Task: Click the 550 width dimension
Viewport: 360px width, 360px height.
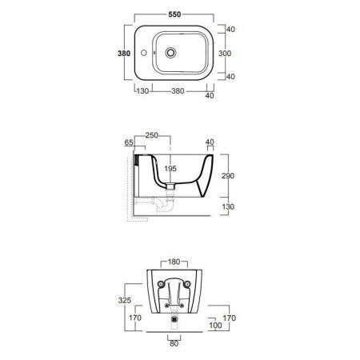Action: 174,14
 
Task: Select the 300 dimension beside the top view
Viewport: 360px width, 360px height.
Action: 225,54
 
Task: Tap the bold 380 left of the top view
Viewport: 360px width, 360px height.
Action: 124,54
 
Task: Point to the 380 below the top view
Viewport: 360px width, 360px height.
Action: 178,91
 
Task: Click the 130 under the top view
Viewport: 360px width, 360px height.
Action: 142,91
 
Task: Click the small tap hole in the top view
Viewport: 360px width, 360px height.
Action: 144,53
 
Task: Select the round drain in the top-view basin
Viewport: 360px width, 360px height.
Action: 170,53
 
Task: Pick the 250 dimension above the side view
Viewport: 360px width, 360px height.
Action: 152,135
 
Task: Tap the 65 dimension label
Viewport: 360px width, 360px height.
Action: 129,142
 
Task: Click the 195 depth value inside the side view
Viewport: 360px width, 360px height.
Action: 170,169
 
